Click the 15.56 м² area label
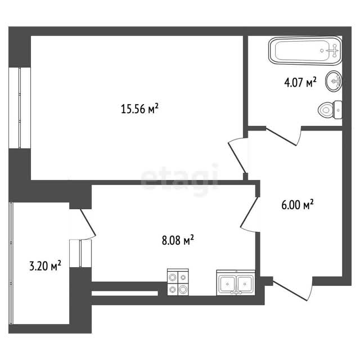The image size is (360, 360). [x=139, y=109]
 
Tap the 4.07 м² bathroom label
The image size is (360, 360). [x=300, y=82]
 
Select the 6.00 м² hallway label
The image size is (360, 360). [x=298, y=205]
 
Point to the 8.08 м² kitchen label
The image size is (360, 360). [x=178, y=240]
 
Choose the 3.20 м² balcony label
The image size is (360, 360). [x=45, y=265]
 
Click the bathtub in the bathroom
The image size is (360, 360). [x=305, y=51]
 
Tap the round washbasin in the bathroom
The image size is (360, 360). [x=334, y=81]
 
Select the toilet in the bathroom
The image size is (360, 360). [x=330, y=110]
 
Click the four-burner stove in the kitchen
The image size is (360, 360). [x=178, y=282]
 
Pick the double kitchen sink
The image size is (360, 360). [x=236, y=282]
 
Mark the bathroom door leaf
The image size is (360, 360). [x=281, y=137]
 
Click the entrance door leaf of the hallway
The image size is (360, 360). [x=290, y=291]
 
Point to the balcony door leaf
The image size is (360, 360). [x=88, y=222]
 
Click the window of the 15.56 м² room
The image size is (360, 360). [x=20, y=108]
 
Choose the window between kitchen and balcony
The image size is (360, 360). [x=80, y=254]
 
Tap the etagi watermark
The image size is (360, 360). [x=179, y=177]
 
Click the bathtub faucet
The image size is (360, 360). [x=333, y=51]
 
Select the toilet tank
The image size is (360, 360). [x=338, y=110]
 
